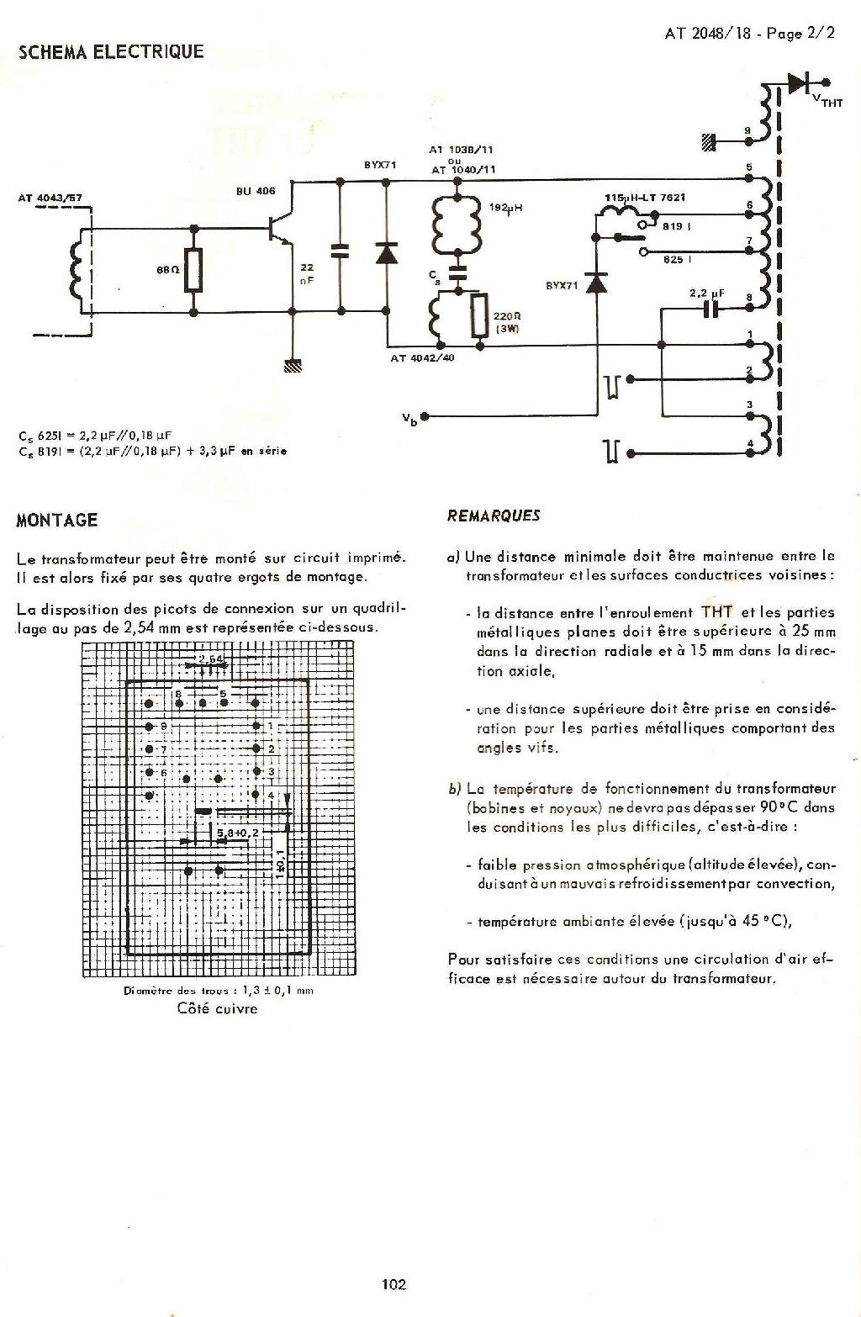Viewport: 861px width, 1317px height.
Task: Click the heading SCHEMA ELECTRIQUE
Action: (111, 52)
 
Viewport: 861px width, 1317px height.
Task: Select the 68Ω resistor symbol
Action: (195, 270)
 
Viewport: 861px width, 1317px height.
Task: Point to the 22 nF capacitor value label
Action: (307, 274)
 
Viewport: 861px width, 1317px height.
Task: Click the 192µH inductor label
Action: (505, 207)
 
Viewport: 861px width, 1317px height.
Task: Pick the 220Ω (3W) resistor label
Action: (508, 323)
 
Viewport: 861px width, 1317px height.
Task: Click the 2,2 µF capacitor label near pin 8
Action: (706, 294)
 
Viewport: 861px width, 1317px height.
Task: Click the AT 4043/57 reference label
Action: (50, 198)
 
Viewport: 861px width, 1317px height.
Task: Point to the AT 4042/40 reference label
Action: (424, 358)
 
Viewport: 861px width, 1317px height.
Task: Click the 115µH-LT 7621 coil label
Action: (645, 198)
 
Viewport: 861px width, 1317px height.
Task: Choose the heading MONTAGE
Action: (57, 520)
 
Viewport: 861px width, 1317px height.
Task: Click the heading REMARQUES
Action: (494, 516)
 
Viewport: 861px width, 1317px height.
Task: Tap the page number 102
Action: (394, 1284)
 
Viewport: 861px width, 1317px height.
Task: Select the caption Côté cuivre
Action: (217, 1008)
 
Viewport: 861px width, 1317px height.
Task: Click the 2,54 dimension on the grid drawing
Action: (210, 658)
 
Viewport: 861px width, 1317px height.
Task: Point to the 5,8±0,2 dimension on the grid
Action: (238, 832)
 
